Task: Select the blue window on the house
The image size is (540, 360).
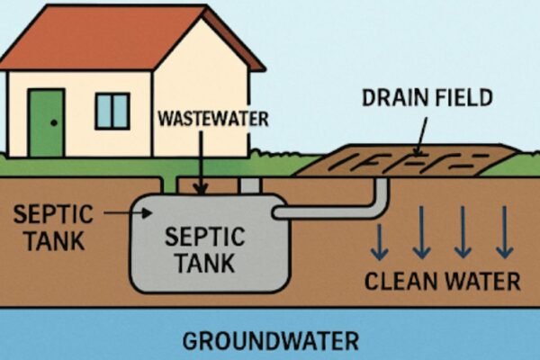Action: point(112,110)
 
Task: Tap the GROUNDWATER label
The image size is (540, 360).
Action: point(270,341)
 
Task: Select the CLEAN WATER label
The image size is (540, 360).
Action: point(442,281)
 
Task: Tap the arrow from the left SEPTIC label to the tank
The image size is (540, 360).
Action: point(126,213)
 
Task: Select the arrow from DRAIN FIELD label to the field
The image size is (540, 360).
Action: point(419,139)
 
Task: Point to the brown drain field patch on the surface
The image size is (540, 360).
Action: point(405,162)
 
